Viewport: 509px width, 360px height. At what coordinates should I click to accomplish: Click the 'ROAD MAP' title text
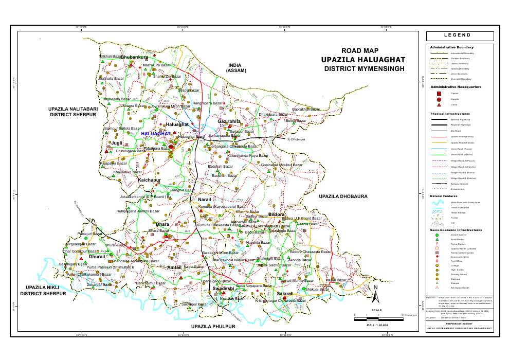[x=360, y=50]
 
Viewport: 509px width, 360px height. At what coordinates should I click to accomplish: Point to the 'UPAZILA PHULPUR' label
[x=213, y=326]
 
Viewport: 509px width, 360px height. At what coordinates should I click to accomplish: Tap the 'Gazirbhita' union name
[x=229, y=121]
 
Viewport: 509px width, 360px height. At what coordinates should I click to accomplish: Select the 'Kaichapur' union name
[x=150, y=181]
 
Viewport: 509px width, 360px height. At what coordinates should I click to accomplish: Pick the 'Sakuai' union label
[x=284, y=293]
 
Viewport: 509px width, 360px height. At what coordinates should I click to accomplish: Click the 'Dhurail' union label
[x=97, y=256]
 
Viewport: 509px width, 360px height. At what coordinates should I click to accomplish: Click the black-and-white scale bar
[x=378, y=319]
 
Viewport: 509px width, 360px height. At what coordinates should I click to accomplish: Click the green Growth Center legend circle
[x=438, y=235]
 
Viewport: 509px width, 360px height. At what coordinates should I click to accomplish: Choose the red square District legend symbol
[x=438, y=94]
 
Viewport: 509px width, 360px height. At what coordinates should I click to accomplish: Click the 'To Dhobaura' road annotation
[x=296, y=139]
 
